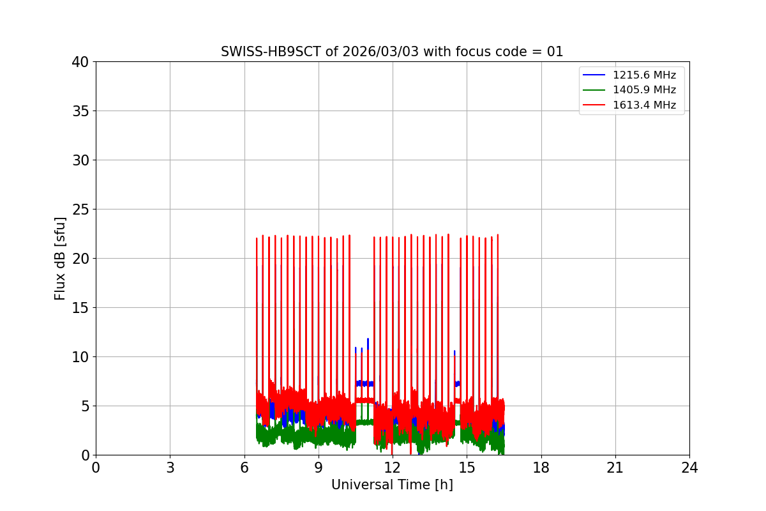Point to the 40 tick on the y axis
click(80, 62)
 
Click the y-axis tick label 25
click(80, 210)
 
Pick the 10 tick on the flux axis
click(80, 357)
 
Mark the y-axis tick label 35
click(80, 111)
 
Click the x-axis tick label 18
click(541, 468)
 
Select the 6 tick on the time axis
click(244, 468)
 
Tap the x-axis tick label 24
click(689, 468)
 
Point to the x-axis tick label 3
click(170, 468)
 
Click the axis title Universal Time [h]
click(392, 485)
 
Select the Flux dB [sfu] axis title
click(59, 259)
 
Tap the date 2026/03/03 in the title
click(380, 52)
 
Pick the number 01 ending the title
click(555, 52)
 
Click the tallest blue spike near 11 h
click(368, 343)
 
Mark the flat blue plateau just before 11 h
click(364, 384)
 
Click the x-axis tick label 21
click(615, 468)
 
